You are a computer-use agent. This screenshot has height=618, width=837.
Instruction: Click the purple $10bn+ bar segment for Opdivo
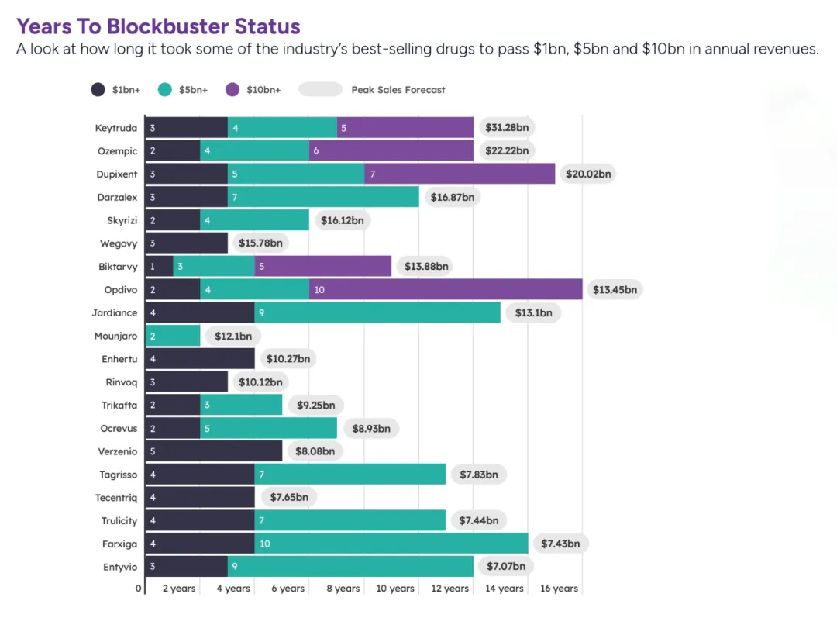(x=446, y=290)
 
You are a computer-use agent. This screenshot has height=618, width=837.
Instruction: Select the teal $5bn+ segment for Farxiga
(x=391, y=544)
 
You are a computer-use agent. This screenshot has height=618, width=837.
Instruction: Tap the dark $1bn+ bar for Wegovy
(x=186, y=243)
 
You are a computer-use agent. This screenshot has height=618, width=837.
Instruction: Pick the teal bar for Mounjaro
(x=172, y=336)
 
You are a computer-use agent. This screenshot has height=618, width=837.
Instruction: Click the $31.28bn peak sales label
(x=507, y=128)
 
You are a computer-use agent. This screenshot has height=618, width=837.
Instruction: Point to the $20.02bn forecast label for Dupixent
(x=589, y=174)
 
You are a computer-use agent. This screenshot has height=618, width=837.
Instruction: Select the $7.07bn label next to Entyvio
(x=507, y=566)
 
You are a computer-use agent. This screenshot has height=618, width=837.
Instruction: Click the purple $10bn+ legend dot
(x=232, y=89)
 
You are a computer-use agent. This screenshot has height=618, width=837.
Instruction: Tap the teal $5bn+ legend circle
(x=165, y=89)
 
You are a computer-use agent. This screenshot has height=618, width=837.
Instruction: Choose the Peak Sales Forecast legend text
(x=398, y=90)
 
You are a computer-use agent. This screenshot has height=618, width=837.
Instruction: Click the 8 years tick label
(x=342, y=589)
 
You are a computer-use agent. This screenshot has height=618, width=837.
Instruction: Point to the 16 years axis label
(x=559, y=589)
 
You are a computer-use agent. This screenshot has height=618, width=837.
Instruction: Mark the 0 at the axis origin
(x=139, y=589)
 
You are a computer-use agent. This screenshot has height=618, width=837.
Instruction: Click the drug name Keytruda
(x=115, y=128)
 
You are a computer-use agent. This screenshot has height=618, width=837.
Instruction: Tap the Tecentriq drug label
(x=116, y=497)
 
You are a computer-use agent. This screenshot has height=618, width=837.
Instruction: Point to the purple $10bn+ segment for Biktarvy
(x=322, y=267)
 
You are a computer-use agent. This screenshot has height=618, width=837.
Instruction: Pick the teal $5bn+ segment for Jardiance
(x=377, y=312)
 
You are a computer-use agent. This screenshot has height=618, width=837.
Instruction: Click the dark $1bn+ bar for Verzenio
(x=214, y=451)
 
